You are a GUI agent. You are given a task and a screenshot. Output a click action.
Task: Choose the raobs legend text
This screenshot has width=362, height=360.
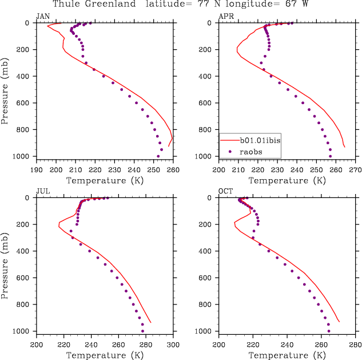click(x=251, y=153)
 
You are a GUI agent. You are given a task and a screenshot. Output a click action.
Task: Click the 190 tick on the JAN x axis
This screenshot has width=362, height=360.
click(x=37, y=170)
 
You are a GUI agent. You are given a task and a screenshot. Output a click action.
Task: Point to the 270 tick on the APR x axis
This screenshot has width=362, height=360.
click(x=355, y=170)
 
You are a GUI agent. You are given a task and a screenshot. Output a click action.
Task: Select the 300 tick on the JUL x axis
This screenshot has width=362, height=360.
click(x=173, y=345)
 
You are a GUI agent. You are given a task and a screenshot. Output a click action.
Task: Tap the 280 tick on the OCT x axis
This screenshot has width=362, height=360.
click(x=355, y=345)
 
